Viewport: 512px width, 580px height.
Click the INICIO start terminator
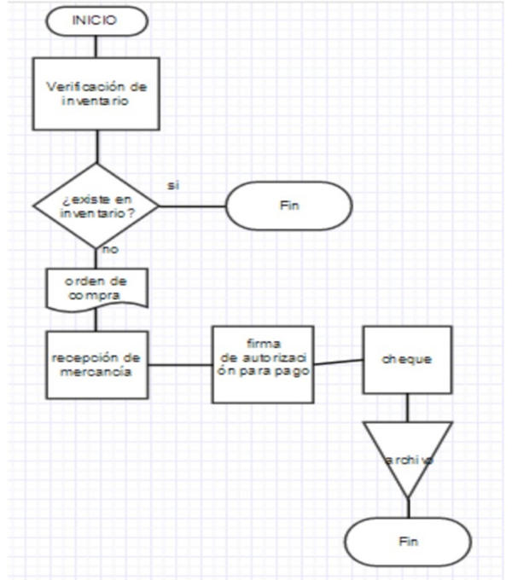(x=96, y=21)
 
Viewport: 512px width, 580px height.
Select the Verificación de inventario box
(x=96, y=94)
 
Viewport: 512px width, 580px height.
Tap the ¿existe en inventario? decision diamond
(x=96, y=206)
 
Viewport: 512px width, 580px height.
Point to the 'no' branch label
(x=110, y=250)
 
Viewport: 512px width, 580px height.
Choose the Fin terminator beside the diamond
(x=288, y=206)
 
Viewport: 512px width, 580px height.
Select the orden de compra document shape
(x=96, y=288)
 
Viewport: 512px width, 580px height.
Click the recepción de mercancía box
(x=96, y=365)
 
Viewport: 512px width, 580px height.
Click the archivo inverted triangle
(x=407, y=458)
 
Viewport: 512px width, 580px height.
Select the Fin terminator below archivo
(x=407, y=541)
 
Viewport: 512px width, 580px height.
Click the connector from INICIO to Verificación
(x=96, y=47)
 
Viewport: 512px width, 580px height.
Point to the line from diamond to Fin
(x=192, y=206)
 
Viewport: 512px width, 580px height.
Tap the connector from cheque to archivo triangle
(x=407, y=407)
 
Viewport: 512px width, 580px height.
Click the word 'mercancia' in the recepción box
(x=96, y=372)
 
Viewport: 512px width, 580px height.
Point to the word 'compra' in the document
(x=96, y=295)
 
